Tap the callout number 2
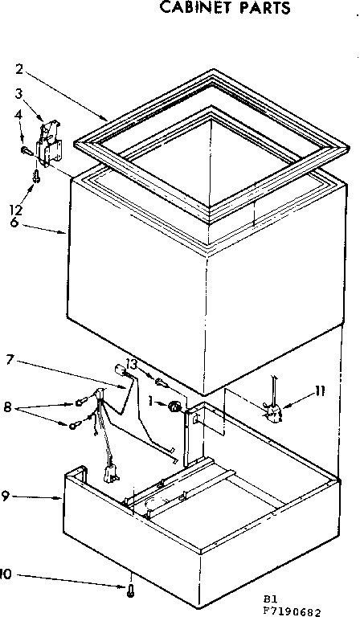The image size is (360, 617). pyautogui.click(x=18, y=68)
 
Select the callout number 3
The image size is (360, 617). pyautogui.click(x=18, y=93)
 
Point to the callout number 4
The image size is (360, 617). pyautogui.click(x=18, y=115)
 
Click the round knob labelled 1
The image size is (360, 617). pyautogui.click(x=172, y=407)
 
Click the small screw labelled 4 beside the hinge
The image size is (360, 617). pyautogui.click(x=27, y=148)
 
